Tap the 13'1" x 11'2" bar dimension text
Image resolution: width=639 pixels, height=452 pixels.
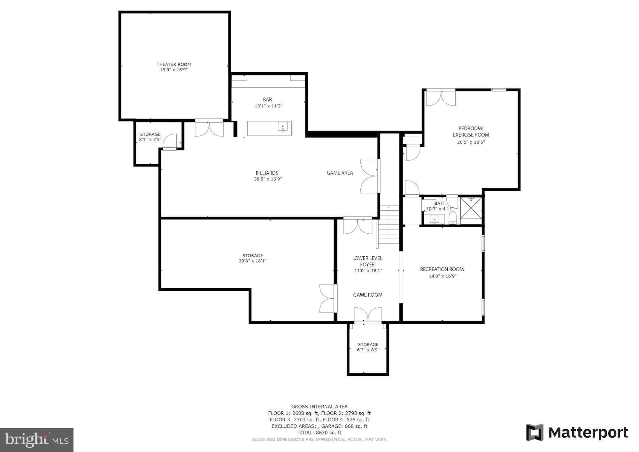point(268,106)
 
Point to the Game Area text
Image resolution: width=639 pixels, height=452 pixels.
point(340,173)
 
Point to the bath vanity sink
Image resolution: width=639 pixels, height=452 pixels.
point(435,220)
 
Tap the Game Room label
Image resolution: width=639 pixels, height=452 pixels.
point(367,295)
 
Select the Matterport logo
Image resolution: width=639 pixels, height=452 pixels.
point(577,433)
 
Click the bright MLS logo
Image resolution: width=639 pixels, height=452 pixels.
point(37,440)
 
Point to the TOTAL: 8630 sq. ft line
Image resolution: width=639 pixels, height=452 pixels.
point(319,433)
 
